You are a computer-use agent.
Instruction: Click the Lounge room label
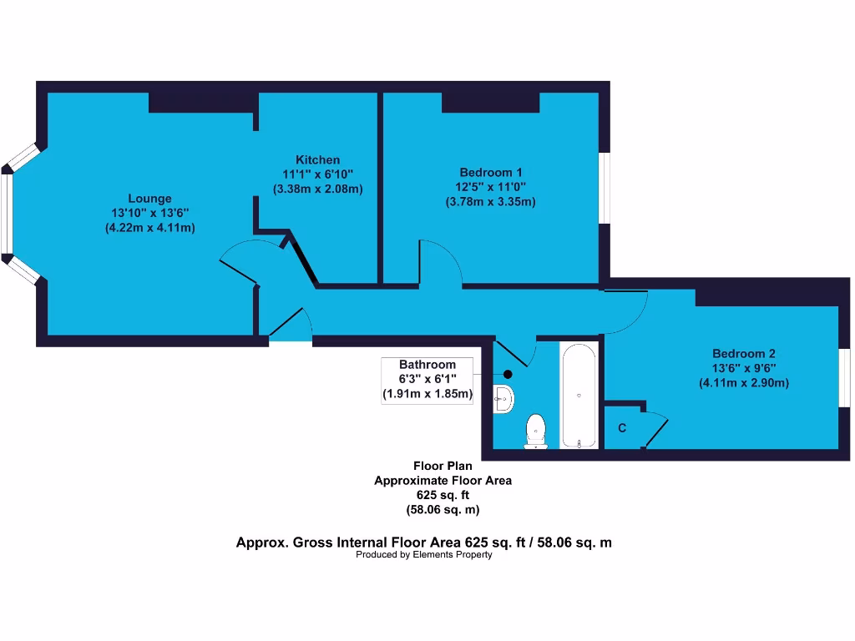(149, 199)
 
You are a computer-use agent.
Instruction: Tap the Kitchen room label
(317, 160)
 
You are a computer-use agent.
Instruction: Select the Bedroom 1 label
(490, 173)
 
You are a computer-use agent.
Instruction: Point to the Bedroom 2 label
(743, 353)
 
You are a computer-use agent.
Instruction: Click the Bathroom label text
(427, 365)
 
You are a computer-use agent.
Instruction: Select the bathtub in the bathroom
(579, 395)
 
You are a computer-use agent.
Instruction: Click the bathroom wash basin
(503, 398)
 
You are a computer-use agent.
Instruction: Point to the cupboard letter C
(622, 428)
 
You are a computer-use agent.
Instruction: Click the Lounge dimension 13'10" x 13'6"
(149, 213)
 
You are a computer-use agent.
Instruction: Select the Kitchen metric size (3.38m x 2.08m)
(317, 189)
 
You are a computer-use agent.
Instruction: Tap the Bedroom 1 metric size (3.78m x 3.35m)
(490, 201)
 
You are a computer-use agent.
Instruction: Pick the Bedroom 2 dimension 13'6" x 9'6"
(743, 368)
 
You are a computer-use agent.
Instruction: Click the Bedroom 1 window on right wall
(605, 188)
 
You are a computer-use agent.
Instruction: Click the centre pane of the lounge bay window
(8, 213)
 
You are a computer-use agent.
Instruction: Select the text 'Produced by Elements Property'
(423, 555)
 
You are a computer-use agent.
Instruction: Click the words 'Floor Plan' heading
(442, 466)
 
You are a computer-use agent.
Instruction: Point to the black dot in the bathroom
(508, 375)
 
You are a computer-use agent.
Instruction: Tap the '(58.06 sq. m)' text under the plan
(442, 509)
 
